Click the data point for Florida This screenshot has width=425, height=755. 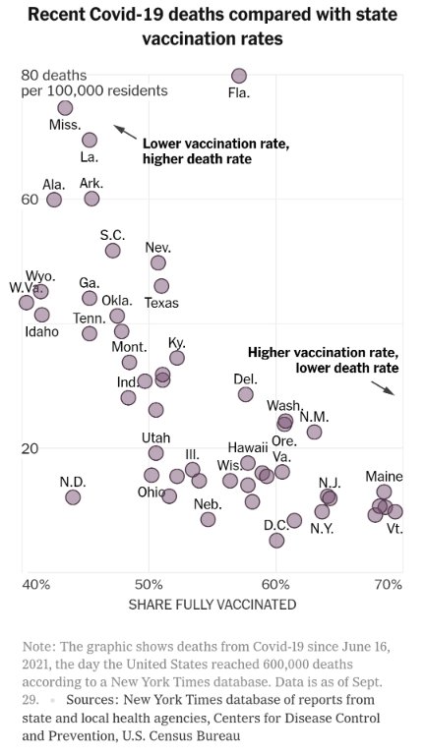tap(238, 76)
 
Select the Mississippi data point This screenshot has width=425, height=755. tap(65, 107)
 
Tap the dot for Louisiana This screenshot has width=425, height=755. tap(90, 140)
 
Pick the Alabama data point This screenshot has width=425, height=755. tap(54, 200)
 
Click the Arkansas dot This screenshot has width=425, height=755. tap(91, 199)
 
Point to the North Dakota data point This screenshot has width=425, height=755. tap(73, 497)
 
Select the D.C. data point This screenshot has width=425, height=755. tap(276, 540)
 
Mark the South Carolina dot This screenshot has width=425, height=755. tap(112, 251)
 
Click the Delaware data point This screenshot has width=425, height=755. tap(245, 394)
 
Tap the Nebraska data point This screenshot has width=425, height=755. tap(208, 519)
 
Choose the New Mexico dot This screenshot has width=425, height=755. tap(314, 432)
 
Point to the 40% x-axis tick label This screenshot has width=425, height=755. tap(36, 584)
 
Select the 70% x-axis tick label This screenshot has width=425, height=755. tap(389, 584)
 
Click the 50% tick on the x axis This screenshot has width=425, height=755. tap(150, 584)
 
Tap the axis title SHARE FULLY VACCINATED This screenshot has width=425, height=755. tap(212, 605)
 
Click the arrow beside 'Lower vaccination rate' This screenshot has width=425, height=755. tap(124, 131)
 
